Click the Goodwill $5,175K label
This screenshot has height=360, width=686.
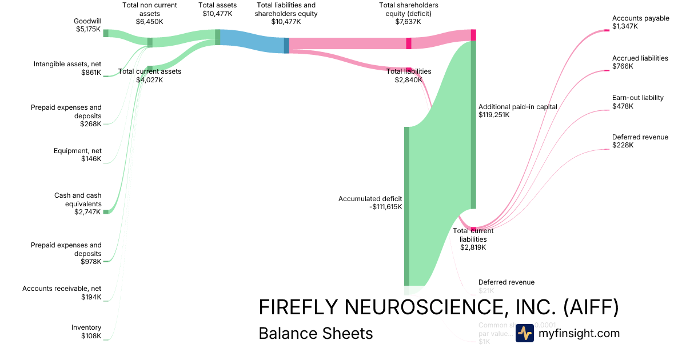coord(87,25)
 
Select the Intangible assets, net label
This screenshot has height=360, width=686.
coord(67,69)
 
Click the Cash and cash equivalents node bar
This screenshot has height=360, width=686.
coord(106,211)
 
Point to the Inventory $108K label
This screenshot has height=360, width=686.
coord(86,331)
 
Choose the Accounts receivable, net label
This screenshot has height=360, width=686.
coord(62,293)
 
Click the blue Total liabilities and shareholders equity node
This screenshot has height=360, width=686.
coord(286,45)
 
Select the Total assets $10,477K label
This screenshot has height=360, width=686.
coord(217,9)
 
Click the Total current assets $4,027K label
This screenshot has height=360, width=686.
coord(150,75)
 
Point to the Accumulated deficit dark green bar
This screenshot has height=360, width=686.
coord(407,206)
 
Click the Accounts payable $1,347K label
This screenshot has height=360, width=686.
coord(640,22)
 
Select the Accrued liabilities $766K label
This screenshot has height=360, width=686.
coord(640,62)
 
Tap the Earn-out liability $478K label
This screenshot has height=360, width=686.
coord(637,102)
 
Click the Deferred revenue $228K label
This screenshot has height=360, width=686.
coord(640,141)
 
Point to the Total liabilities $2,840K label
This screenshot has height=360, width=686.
coord(408,75)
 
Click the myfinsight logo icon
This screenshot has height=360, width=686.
coord(524,333)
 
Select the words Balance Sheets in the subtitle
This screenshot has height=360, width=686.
coord(316,333)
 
